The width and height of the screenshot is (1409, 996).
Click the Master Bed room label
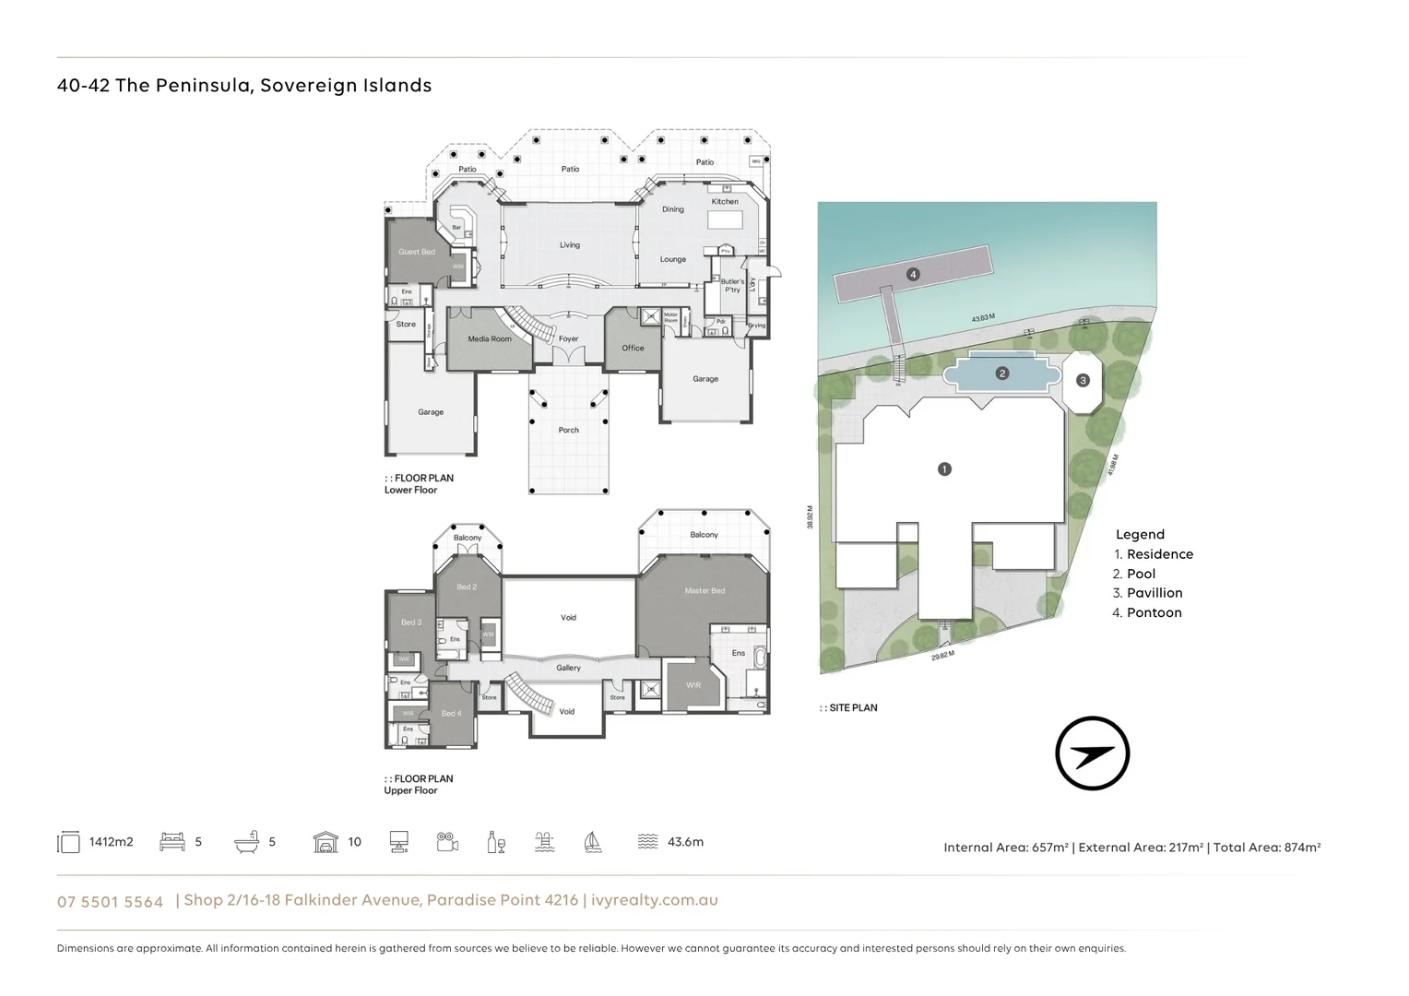pos(704,590)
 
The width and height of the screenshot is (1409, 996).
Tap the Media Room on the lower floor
pos(489,339)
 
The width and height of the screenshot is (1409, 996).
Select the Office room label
pos(633,348)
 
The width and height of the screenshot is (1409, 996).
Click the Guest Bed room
pos(417,252)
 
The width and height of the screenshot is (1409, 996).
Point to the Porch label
pos(569,430)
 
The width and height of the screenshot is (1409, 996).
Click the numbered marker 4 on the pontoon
pos(913,275)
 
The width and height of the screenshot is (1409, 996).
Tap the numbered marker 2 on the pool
pos(1001,373)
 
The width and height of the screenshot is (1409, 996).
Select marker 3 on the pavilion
pos(1083,380)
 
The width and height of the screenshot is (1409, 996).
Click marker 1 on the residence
pos(943,469)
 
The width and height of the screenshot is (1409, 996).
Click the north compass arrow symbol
pos(1093,753)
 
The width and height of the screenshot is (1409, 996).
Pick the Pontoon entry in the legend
pos(1153,612)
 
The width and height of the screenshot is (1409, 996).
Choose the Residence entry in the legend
pos(1159,554)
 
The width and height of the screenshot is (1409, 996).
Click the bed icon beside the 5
pos(172,841)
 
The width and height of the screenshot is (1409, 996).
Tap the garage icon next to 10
pos(326,841)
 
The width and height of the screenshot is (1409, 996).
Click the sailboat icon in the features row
pos(593,841)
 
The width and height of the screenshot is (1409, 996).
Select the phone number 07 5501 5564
pos(110,902)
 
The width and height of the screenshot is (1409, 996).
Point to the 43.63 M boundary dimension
pos(983,318)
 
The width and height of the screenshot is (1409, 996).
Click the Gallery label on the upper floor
pos(568,668)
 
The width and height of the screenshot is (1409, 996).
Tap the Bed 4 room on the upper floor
pos(451,713)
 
